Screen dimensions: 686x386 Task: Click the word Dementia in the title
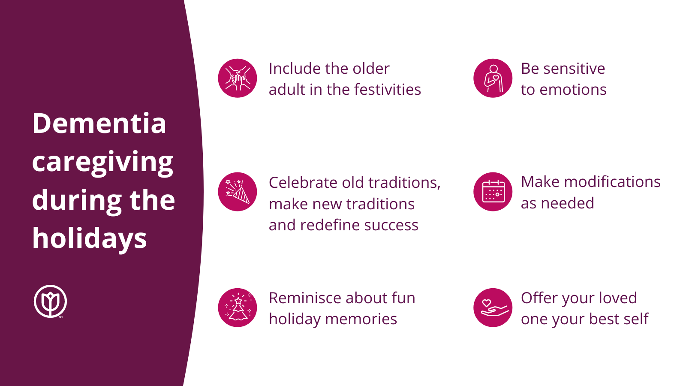(99, 123)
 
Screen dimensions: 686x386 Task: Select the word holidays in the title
(90, 239)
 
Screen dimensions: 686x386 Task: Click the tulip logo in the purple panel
(50, 302)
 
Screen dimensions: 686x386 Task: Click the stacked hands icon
(238, 78)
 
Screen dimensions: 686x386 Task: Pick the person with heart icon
(493, 78)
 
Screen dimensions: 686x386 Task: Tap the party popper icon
(238, 192)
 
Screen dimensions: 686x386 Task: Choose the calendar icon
(493, 192)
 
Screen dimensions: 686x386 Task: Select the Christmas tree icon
(238, 308)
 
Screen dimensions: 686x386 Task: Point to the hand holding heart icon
(493, 308)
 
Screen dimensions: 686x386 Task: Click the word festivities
(388, 90)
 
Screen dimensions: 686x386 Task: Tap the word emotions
(573, 90)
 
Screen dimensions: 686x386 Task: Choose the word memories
(361, 319)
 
